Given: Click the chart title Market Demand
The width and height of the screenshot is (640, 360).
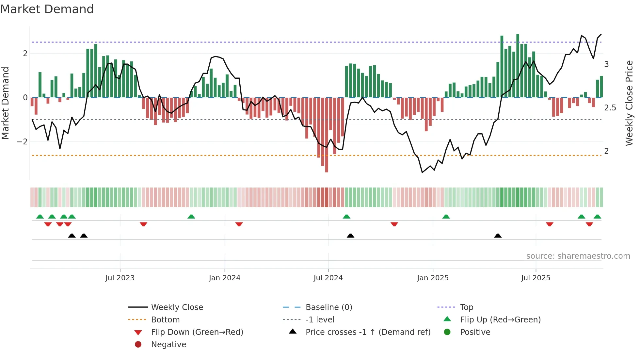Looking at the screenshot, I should (x=47, y=9).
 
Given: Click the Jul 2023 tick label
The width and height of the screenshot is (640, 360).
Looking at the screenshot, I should (x=120, y=278).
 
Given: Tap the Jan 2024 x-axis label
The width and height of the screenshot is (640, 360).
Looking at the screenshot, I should (x=225, y=278).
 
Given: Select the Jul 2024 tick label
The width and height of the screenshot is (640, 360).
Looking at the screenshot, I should (x=328, y=278).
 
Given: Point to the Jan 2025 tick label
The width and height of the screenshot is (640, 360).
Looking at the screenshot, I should (x=433, y=278).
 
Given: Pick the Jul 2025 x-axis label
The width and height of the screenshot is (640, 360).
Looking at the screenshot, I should (x=536, y=278).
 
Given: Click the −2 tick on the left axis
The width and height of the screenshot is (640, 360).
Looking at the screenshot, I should (x=22, y=142).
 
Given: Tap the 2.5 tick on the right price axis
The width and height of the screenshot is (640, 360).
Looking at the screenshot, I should (x=610, y=108).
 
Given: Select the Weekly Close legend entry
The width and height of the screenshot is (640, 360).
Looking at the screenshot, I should (x=177, y=307).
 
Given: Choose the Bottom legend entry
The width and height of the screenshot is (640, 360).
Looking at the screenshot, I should (x=165, y=320).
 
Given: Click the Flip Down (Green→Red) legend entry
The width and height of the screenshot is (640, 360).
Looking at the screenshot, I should (x=197, y=332).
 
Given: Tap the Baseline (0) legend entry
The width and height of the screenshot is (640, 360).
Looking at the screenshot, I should (x=328, y=307).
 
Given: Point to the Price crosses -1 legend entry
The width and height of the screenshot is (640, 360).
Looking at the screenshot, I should (x=368, y=332).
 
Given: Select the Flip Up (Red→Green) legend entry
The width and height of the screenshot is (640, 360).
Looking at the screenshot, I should (x=500, y=320).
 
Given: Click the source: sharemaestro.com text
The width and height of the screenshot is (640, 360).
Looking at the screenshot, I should (x=578, y=256).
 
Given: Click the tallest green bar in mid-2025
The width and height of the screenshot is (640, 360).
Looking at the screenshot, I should (x=518, y=66).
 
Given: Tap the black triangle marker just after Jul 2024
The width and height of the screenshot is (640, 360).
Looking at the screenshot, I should (x=350, y=236).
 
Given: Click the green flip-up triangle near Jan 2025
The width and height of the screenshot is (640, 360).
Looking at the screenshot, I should (x=446, y=217).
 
